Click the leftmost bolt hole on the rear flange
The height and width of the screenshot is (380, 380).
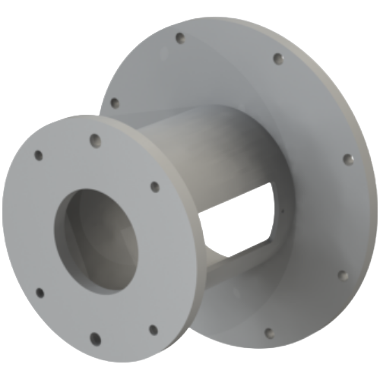click(113, 101)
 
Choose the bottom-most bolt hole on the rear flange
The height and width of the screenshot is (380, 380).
click(268, 331)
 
